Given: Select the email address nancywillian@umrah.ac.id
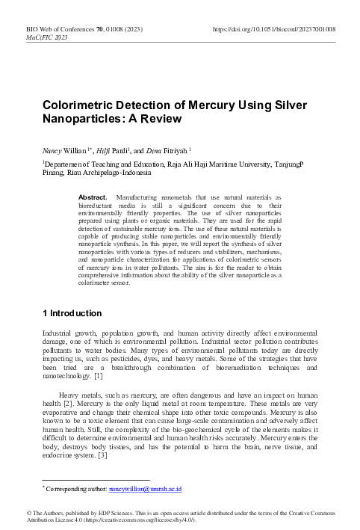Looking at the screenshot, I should tap(146, 489).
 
